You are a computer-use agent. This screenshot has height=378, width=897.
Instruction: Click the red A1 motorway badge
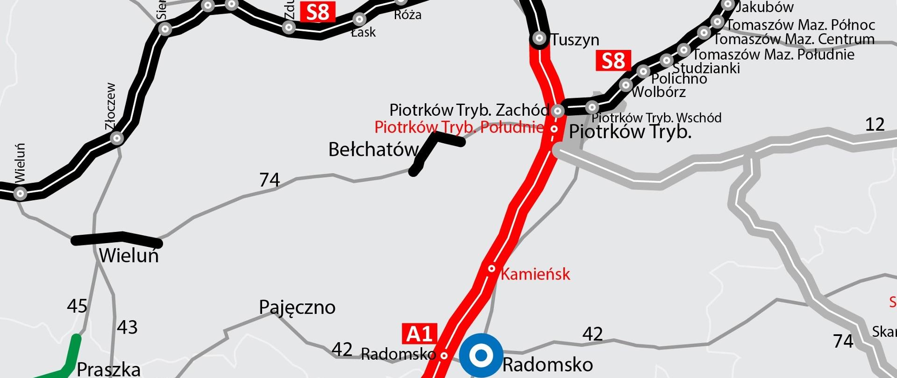[x=420, y=333]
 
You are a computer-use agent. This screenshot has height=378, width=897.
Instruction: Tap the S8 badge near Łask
[x=318, y=12]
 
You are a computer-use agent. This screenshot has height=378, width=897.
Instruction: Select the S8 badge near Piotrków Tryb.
[x=613, y=61]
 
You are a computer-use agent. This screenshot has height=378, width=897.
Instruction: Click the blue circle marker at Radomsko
[x=481, y=356]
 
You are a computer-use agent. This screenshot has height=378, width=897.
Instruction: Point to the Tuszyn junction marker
[x=539, y=38]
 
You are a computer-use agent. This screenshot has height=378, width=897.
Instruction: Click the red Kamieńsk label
[x=535, y=274]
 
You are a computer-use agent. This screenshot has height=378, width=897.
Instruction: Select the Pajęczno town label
[x=297, y=308]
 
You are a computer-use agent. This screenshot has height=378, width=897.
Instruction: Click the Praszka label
[x=108, y=369]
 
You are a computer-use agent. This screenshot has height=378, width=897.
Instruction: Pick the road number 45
[x=77, y=307]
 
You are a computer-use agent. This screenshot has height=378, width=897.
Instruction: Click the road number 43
[x=127, y=328]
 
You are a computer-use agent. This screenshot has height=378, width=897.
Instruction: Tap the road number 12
[x=875, y=125]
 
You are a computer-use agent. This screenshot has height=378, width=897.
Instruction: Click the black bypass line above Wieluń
[x=117, y=239]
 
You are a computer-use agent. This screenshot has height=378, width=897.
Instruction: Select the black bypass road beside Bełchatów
[x=432, y=147]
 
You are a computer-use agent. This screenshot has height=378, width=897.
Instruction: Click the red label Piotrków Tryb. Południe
[x=459, y=127]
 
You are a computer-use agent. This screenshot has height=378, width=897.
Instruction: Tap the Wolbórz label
[x=659, y=92]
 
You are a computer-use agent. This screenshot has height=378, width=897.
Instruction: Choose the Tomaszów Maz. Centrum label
[x=794, y=39]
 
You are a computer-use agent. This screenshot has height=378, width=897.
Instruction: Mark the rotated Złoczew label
[x=111, y=107]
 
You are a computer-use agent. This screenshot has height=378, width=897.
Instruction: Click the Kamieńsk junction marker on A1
[x=491, y=268]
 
